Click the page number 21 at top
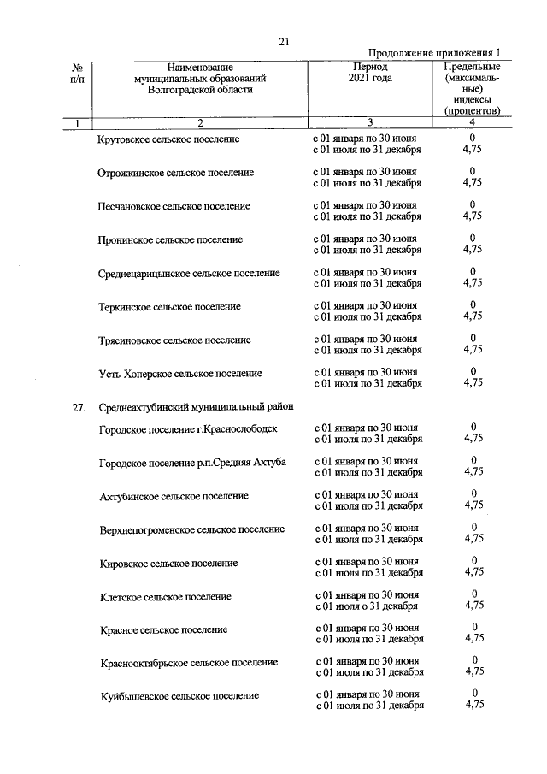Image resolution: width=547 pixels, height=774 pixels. (285, 39)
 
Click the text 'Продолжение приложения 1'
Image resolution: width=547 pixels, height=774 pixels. (435, 53)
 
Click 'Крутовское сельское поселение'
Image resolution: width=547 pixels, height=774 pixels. (168, 139)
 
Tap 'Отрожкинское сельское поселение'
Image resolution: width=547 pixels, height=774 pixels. (175, 173)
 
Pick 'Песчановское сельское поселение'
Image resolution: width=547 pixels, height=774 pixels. (174, 206)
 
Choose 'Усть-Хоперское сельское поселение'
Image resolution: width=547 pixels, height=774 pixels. (179, 374)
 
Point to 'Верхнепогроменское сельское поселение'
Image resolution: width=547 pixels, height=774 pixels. (191, 529)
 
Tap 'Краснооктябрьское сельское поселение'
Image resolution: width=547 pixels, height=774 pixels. (188, 662)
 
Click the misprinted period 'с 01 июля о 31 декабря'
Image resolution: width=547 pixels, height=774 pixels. (367, 606)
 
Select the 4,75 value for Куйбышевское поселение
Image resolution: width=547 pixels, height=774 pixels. (473, 706)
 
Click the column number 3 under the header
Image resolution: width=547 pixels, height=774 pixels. (370, 123)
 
